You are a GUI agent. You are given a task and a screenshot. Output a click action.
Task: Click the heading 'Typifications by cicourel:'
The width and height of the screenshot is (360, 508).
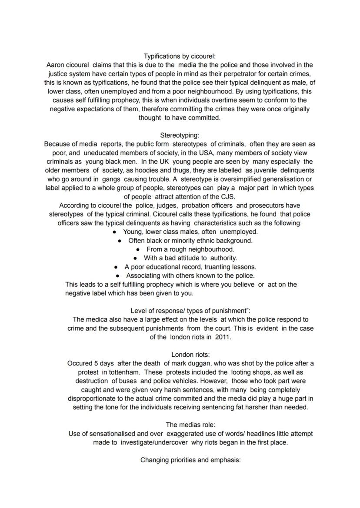point(180,56)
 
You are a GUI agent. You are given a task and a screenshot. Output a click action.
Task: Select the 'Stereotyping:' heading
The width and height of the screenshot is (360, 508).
point(180,135)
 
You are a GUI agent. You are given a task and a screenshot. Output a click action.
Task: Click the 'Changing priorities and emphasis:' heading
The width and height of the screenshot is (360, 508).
point(190,460)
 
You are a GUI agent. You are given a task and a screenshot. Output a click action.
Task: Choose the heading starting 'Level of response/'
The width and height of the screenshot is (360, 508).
point(190,311)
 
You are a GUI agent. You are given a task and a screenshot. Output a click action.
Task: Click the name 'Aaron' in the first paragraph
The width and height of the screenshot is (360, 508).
point(56,65)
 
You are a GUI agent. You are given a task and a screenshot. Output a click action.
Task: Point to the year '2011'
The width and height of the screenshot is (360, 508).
point(223,337)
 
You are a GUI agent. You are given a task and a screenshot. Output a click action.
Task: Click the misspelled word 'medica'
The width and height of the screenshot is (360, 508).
point(97,319)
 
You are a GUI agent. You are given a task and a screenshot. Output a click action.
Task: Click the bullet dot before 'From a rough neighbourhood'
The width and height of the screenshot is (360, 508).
point(138,249)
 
